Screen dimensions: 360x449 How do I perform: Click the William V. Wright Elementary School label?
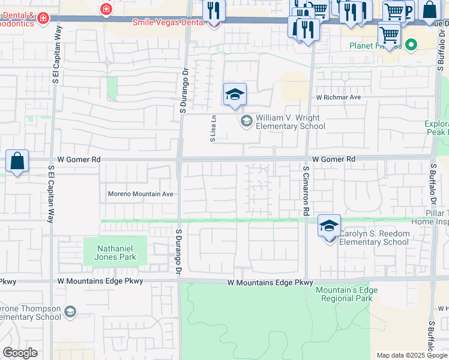pyautogui.click(x=291, y=122)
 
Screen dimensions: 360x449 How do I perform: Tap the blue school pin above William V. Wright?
pyautogui.click(x=235, y=95)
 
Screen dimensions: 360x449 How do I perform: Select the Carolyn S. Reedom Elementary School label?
pyautogui.click(x=373, y=238)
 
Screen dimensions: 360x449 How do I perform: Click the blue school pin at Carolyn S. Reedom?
pyautogui.click(x=329, y=226)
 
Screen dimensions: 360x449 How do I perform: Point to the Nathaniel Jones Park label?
pyautogui.click(x=114, y=253)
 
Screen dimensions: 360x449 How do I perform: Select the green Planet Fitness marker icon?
pyautogui.click(x=411, y=45)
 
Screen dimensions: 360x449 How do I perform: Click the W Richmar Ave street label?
pyautogui.click(x=338, y=97)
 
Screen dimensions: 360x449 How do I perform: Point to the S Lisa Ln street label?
pyautogui.click(x=212, y=128)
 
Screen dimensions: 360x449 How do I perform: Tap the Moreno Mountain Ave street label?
pyautogui.click(x=140, y=194)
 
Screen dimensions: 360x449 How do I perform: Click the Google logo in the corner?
pyautogui.click(x=20, y=352)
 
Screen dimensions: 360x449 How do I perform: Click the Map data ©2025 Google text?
pyautogui.click(x=411, y=355)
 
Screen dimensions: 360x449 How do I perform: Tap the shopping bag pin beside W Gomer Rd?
pyautogui.click(x=17, y=161)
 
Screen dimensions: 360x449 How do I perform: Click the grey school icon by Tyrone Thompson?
pyautogui.click(x=70, y=311)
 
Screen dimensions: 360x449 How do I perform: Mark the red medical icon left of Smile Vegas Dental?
pyautogui.click(x=106, y=9)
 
